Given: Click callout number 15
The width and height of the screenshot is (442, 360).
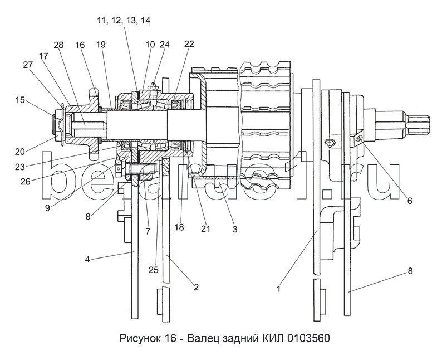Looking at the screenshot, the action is coord(19,100).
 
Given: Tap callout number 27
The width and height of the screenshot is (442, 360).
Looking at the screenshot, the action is coord(28,65).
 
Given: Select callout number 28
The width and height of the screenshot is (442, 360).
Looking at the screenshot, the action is coord(58,45).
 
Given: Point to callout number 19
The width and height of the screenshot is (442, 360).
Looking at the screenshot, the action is coord(101,44).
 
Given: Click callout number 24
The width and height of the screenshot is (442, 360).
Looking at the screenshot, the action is coord(165,44).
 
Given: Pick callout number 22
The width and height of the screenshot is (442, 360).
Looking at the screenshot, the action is coord(189,43).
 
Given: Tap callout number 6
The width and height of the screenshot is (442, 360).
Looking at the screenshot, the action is coord(410,201).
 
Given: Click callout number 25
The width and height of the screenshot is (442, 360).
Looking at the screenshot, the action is coord(154,270).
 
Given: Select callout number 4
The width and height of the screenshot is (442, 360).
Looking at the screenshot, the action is coord(87,259).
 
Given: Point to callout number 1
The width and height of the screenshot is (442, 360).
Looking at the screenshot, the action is coord(278,289).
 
